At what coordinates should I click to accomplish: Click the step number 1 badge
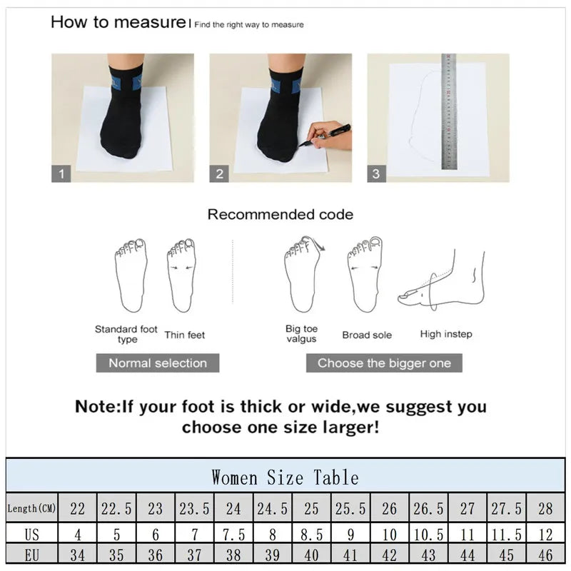click(61, 173)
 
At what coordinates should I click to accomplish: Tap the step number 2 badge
click(219, 173)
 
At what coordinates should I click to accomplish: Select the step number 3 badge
click(376, 173)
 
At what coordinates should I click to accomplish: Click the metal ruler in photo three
click(448, 111)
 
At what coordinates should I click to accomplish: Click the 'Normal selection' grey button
click(158, 363)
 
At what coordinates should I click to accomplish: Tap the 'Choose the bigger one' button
click(384, 363)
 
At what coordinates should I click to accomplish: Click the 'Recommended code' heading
click(280, 214)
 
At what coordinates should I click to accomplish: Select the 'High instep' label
click(445, 334)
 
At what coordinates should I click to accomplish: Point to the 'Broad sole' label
click(366, 335)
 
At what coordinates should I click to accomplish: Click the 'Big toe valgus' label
click(301, 334)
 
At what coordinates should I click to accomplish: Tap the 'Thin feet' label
click(185, 335)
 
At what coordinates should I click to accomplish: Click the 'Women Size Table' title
click(285, 477)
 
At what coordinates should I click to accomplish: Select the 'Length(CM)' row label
click(32, 509)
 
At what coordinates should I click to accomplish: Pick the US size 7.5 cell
click(233, 534)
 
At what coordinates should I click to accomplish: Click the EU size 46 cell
click(545, 555)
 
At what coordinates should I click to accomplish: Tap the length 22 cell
click(77, 509)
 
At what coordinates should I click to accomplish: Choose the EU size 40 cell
click(311, 555)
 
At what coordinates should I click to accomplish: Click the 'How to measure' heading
click(118, 22)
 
